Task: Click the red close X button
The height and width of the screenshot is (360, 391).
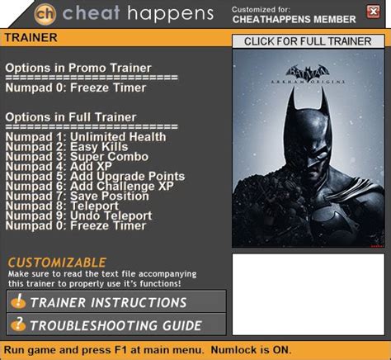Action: tap(373, 12)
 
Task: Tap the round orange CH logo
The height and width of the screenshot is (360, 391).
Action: tap(45, 14)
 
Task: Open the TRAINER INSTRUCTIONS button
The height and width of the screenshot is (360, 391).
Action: tap(116, 301)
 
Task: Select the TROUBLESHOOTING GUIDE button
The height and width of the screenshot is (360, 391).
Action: tap(116, 324)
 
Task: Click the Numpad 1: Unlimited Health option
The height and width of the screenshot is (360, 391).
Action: tap(86, 137)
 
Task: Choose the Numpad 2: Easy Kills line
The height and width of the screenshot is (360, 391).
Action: tap(67, 147)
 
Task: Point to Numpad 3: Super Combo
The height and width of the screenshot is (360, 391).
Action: tap(77, 157)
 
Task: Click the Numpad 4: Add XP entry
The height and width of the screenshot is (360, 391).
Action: tap(59, 166)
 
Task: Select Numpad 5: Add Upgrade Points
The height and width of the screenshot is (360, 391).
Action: tap(95, 177)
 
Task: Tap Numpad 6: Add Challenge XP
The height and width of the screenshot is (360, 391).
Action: tap(90, 187)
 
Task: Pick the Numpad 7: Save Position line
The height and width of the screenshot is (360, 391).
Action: tap(78, 196)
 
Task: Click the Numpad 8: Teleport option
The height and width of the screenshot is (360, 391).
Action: tap(62, 206)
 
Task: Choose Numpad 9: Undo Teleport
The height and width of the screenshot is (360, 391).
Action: tap(78, 216)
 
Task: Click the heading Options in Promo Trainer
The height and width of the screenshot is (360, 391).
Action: tap(78, 68)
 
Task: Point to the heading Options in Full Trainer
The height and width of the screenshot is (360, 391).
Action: tap(71, 117)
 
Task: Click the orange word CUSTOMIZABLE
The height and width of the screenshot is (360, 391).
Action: tap(57, 263)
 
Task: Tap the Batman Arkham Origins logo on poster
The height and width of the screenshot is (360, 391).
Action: tap(308, 74)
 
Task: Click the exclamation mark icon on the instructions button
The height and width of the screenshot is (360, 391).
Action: tap(18, 301)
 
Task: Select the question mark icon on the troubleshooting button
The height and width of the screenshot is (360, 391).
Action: tap(18, 324)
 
